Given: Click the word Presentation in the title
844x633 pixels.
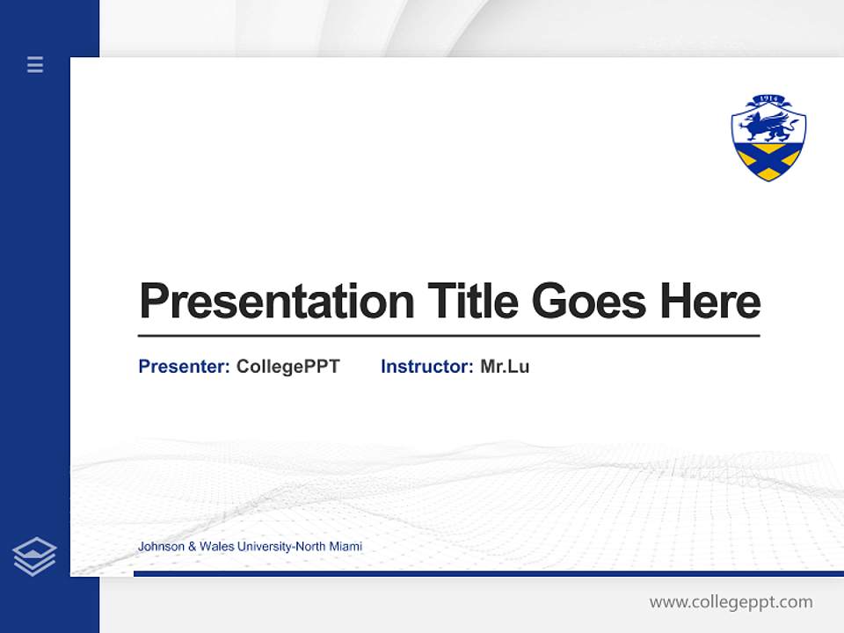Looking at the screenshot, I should click(x=277, y=302).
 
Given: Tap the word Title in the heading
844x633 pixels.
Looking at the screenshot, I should click(x=472, y=302).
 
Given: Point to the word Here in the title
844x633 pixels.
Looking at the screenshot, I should click(x=709, y=302).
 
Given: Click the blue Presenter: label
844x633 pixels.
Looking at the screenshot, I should click(x=184, y=367).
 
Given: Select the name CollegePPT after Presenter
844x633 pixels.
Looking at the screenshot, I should click(x=287, y=367).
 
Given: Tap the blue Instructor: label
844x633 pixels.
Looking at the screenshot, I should click(x=426, y=367).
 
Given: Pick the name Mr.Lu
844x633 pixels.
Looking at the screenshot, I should click(x=505, y=367).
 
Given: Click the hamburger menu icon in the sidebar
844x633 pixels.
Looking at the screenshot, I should click(x=35, y=64).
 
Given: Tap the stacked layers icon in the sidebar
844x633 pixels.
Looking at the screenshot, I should click(x=34, y=557).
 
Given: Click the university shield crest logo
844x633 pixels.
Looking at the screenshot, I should click(x=768, y=138).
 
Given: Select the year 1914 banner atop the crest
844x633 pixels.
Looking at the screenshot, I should click(x=768, y=99).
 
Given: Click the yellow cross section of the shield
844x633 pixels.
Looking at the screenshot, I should click(x=768, y=162).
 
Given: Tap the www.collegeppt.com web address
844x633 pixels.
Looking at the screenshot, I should click(x=731, y=602).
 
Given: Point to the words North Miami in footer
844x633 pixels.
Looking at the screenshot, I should click(x=329, y=547).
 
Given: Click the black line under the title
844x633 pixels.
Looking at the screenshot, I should click(x=448, y=335).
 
